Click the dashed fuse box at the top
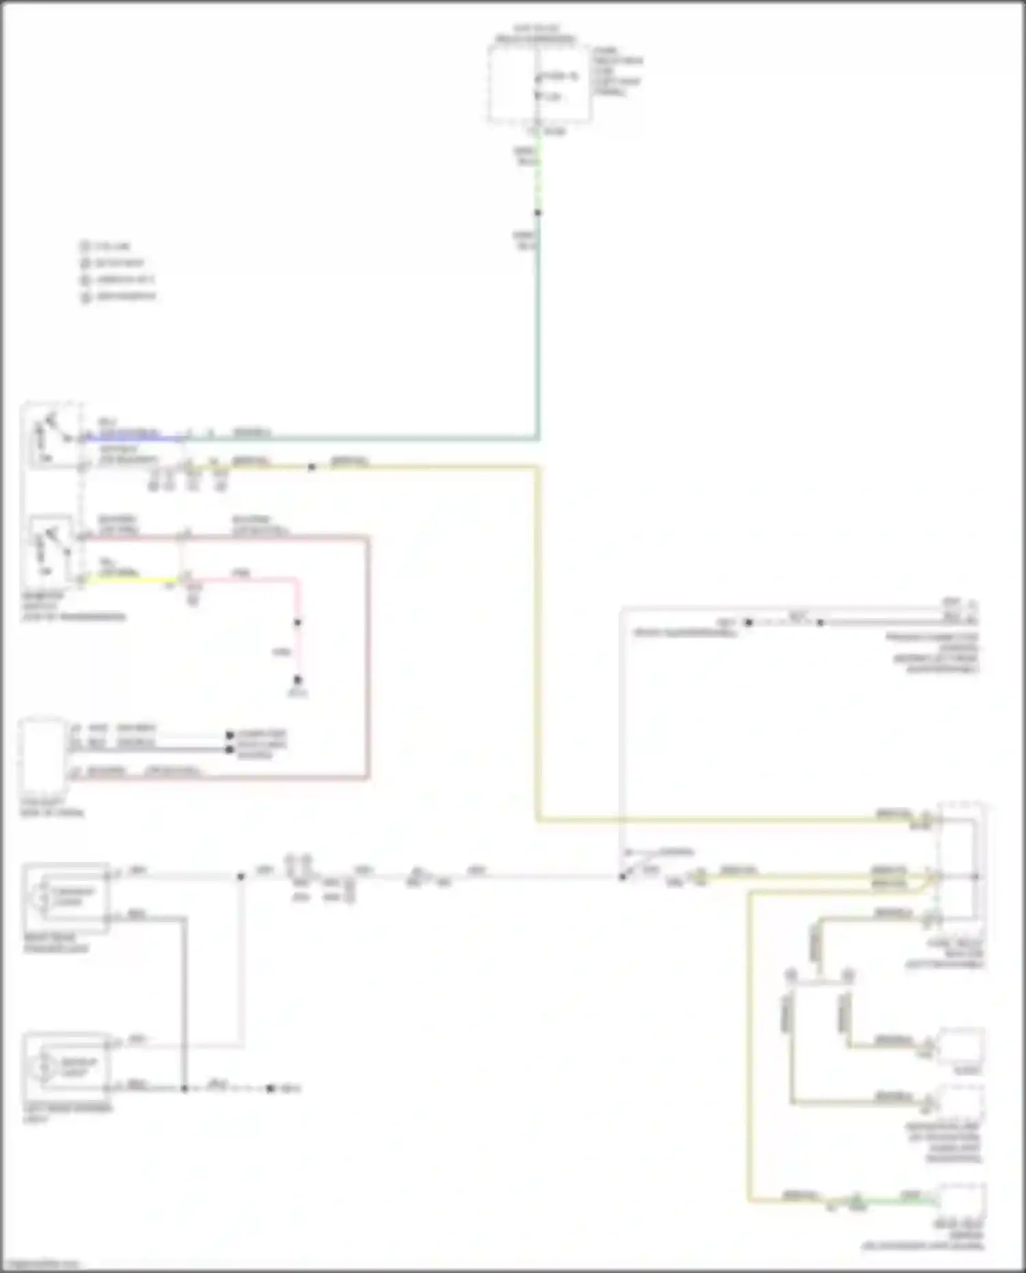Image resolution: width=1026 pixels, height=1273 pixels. (x=539, y=85)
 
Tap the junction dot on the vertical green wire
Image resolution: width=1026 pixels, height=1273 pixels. (x=538, y=213)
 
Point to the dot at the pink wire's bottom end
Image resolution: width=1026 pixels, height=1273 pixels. (x=298, y=680)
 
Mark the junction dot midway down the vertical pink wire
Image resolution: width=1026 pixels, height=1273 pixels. (x=298, y=622)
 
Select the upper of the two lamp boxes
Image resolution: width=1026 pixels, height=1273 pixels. (x=66, y=896)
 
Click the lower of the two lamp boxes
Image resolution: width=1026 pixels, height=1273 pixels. (x=66, y=1066)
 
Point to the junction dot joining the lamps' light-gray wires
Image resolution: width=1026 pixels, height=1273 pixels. (x=241, y=876)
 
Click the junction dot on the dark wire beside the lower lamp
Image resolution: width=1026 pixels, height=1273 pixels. (x=184, y=1088)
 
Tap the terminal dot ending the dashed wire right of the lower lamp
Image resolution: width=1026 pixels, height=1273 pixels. (x=271, y=1088)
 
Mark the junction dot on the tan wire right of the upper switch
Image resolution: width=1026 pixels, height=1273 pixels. (x=311, y=467)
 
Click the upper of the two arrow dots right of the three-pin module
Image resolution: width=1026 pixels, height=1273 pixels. (x=231, y=735)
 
